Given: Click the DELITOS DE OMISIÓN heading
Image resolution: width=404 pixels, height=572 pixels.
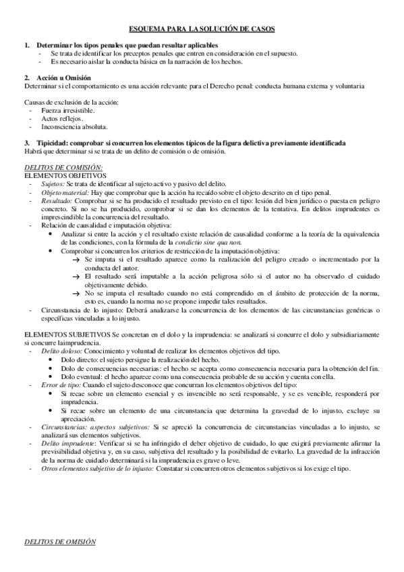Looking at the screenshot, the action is click(59, 542).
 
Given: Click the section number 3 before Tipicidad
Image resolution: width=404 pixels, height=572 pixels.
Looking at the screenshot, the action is click(26, 142).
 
